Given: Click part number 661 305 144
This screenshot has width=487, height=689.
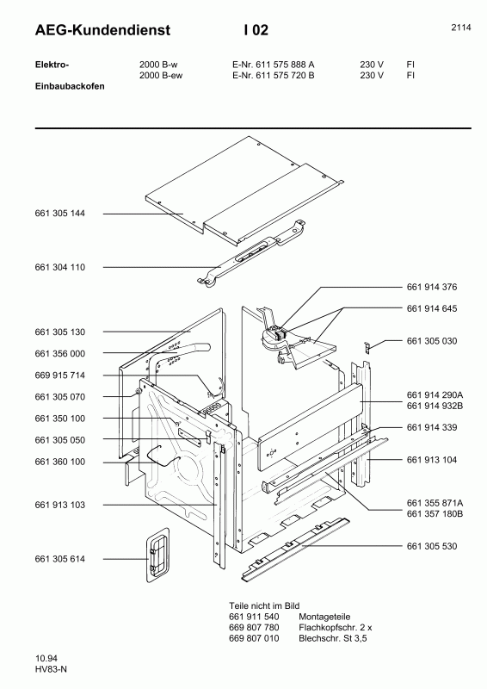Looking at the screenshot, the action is [59, 214].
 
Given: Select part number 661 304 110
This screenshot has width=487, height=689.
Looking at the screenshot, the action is [59, 267].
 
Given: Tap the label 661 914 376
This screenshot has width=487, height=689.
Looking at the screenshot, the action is [432, 287].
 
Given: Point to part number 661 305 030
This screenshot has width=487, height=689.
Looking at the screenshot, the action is [432, 341].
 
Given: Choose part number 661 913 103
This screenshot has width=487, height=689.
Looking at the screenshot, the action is [59, 505].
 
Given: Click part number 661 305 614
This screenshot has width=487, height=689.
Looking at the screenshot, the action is [59, 559].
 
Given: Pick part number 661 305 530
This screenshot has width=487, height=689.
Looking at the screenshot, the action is [432, 546].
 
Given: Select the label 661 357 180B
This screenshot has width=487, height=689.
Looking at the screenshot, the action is [435, 514].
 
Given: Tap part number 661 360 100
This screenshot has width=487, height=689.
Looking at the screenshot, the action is [59, 462].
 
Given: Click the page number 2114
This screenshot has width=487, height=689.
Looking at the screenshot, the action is [461, 28].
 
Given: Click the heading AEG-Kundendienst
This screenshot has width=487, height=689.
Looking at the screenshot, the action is [102, 30].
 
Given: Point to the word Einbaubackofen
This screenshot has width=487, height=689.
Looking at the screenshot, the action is [70, 86].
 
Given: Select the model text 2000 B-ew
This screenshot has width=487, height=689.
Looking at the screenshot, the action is [161, 75].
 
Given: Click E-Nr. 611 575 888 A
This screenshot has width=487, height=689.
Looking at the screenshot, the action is [273, 65].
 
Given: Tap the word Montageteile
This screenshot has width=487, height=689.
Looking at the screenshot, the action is [324, 617].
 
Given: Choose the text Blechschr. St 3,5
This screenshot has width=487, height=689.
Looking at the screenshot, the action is [332, 638].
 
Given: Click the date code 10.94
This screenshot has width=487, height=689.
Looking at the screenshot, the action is [46, 658].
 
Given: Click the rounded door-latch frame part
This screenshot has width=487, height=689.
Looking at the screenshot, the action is [157, 555].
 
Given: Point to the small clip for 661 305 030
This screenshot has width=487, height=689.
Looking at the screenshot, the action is [367, 346].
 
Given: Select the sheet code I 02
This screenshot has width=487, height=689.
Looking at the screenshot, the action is [256, 30].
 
